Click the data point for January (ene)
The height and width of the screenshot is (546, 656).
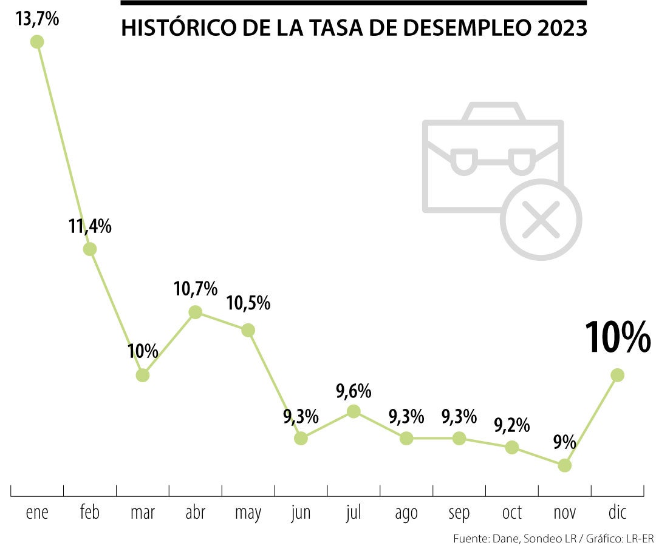(37, 41)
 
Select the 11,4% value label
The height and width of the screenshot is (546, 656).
(90, 227)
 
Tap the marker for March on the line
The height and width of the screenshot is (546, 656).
(142, 375)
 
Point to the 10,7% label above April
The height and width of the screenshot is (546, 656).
(195, 289)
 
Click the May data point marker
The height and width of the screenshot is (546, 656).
(248, 330)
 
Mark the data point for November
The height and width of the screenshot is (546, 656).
(565, 465)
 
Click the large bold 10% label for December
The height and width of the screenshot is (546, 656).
(618, 337)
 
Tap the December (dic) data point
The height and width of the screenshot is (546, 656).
(618, 375)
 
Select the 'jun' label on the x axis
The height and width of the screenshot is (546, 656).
(301, 513)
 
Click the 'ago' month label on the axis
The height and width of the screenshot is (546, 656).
(406, 513)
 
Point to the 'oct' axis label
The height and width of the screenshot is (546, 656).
(512, 513)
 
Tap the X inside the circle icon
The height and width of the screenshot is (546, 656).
(541, 219)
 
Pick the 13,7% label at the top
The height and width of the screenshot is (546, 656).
(38, 19)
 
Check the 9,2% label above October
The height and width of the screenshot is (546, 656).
(512, 423)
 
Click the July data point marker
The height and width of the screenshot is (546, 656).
(354, 411)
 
